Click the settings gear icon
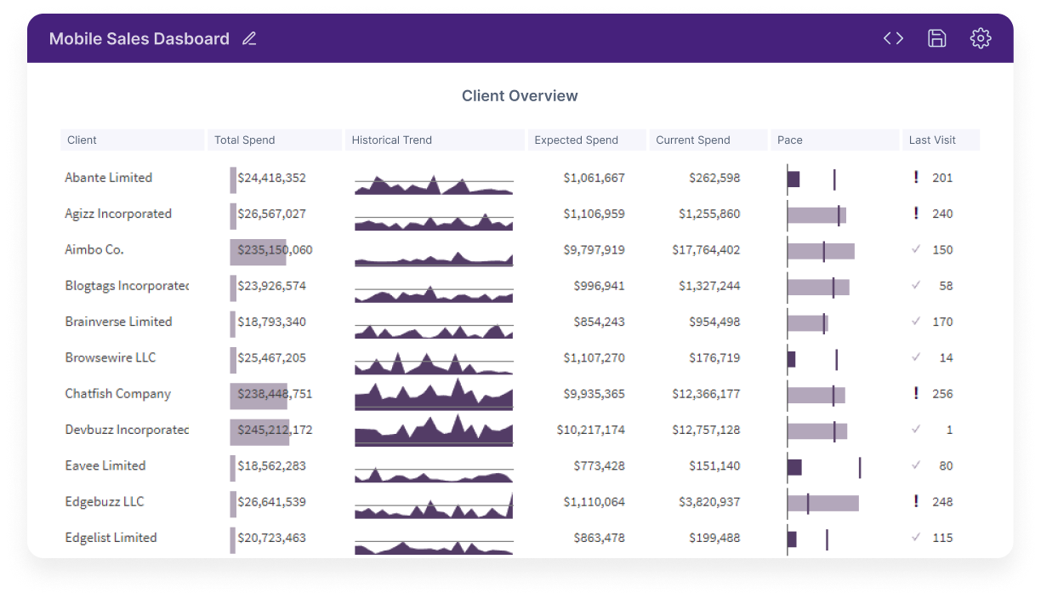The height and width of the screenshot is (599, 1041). [x=980, y=38]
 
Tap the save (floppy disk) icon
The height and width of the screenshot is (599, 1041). [x=936, y=38]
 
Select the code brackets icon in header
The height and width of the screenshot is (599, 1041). [x=893, y=38]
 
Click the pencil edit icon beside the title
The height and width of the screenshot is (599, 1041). [x=249, y=38]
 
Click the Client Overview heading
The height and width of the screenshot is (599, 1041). [x=520, y=96]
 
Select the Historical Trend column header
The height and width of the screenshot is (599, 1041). [x=392, y=140]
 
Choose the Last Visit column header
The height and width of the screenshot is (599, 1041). [x=932, y=140]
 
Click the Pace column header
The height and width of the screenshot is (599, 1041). [x=789, y=140]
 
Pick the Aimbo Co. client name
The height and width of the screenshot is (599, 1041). [x=94, y=250]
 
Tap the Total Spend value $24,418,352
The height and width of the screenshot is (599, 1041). [x=272, y=178]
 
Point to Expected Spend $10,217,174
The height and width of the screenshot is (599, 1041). [x=591, y=430]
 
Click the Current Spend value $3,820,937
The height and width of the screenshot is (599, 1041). [x=709, y=502]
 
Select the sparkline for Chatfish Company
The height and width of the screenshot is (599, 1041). [x=434, y=395]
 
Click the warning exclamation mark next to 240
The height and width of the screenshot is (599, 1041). [x=916, y=213]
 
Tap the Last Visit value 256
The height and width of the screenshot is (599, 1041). [x=942, y=394]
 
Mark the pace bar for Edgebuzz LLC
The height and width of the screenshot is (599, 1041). [x=823, y=503]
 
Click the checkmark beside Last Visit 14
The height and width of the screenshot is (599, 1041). [x=915, y=357]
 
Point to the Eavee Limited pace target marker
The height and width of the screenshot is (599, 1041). [x=860, y=467]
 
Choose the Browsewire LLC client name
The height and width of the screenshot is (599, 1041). [x=111, y=357]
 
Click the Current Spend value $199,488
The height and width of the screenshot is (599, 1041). [x=714, y=538]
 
